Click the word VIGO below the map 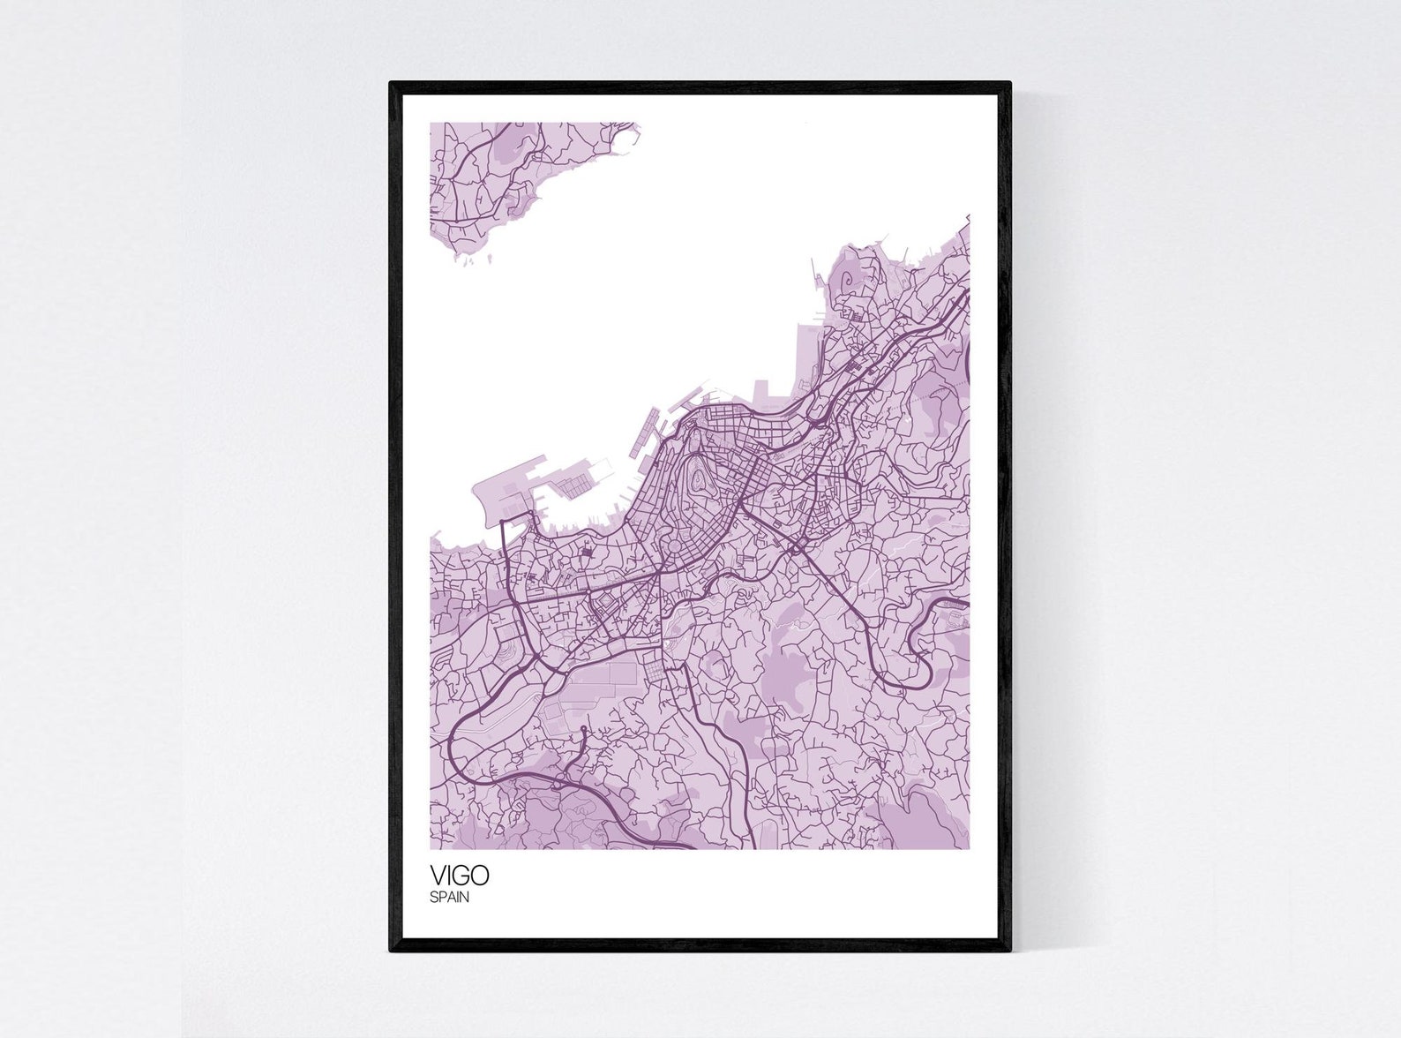point(459,876)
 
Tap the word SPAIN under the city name point(450,899)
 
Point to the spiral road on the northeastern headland point(849,282)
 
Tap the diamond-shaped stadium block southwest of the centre point(607,605)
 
